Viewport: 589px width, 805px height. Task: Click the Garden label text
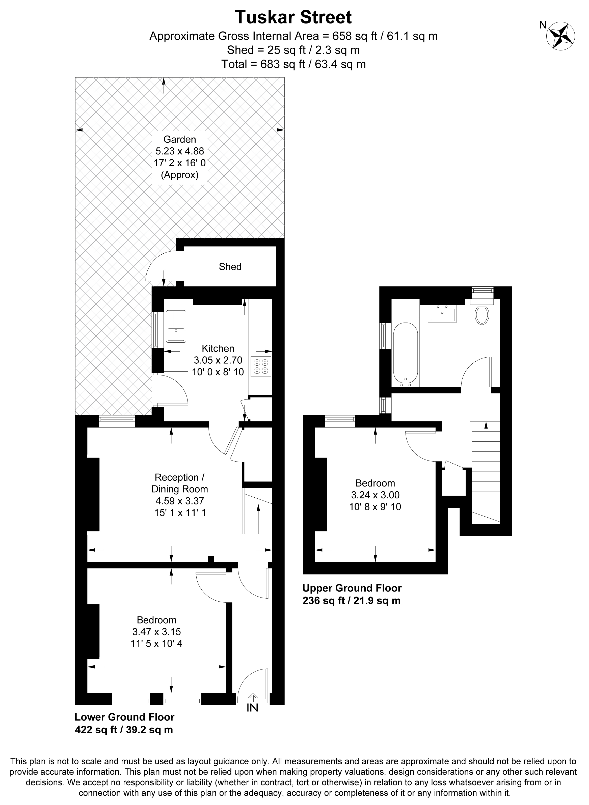point(180,139)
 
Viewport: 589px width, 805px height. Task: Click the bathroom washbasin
point(442,313)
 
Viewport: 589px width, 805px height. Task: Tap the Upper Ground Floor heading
point(352,588)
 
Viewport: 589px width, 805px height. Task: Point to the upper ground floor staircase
point(486,472)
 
